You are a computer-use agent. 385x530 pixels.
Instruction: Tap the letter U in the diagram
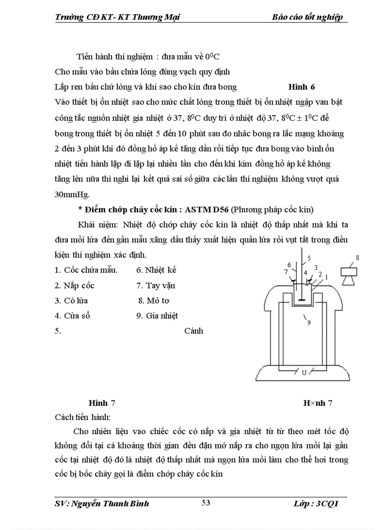[x=304, y=372]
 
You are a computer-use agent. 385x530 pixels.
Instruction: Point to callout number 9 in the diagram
[x=309, y=323]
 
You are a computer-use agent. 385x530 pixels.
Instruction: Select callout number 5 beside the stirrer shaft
[x=309, y=258]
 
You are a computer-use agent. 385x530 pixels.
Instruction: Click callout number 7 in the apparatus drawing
[x=285, y=272]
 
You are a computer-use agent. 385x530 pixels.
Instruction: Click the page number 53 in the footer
[x=206, y=503]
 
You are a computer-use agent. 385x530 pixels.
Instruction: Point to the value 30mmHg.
[x=75, y=194]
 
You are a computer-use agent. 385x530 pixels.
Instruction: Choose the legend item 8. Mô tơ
[x=153, y=301]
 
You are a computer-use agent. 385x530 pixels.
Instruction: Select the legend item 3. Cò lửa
[x=71, y=301]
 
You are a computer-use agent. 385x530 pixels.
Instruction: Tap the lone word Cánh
[x=193, y=331]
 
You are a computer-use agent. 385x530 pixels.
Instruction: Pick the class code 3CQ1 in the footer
[x=326, y=504]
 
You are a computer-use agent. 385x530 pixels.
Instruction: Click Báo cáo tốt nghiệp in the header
[x=307, y=17]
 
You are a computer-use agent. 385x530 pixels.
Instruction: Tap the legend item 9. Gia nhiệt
[x=157, y=316]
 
